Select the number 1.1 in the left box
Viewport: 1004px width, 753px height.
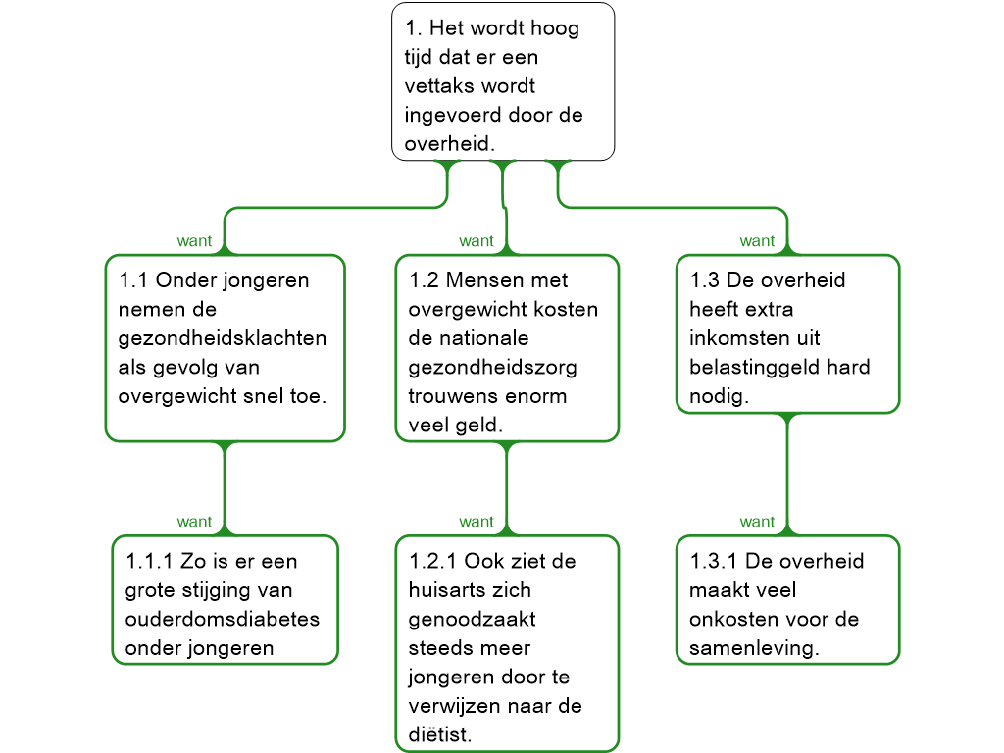[x=132, y=280]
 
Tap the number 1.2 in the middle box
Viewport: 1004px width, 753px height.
[x=424, y=280]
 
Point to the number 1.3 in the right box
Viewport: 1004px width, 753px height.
[x=704, y=280]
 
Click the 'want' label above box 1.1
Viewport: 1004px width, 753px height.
[x=194, y=241]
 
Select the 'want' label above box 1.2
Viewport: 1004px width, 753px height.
[x=477, y=241]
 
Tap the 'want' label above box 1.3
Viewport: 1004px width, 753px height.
[x=757, y=241]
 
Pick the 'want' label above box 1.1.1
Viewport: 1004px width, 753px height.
[x=194, y=522]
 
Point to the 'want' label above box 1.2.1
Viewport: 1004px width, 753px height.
[x=477, y=522]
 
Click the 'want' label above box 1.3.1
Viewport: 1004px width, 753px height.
[x=757, y=522]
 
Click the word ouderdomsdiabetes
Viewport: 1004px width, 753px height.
[x=223, y=620]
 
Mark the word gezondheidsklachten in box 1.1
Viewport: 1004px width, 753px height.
[x=223, y=339]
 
